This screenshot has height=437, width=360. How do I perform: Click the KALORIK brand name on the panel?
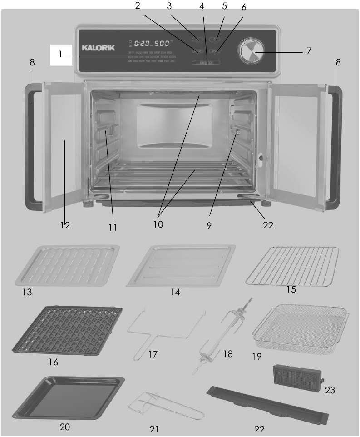[99, 47]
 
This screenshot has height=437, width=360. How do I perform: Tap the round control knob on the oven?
[249, 50]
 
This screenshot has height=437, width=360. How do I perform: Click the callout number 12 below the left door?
[65, 224]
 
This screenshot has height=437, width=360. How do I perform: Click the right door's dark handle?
[336, 145]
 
